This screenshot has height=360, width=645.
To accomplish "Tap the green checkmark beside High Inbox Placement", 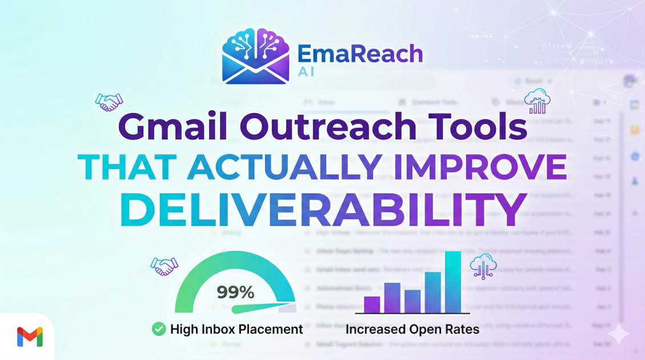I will click(158, 329).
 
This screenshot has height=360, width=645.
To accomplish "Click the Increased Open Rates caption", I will click(412, 329).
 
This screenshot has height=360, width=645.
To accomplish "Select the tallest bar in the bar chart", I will click(452, 282).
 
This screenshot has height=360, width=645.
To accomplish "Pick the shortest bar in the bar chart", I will click(372, 305).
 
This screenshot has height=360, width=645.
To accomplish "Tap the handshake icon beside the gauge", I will click(165, 266).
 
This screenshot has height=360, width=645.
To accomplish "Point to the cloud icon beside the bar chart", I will click(483, 266).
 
